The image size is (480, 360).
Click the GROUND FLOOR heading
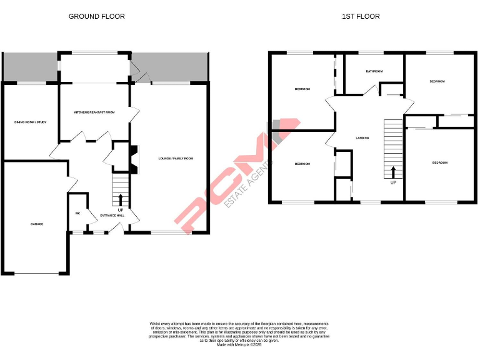click(x=96, y=16)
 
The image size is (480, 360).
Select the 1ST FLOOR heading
click(x=361, y=16)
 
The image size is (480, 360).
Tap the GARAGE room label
click(x=37, y=224)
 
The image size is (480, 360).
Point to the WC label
click(x=77, y=213)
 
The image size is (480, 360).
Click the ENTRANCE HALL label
click(x=112, y=216)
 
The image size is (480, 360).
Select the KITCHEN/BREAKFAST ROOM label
click(x=94, y=112)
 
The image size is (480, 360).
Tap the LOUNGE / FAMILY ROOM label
click(x=176, y=159)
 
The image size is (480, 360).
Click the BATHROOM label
click(x=374, y=72)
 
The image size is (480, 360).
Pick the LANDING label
click(x=362, y=137)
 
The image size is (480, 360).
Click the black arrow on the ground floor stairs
click(x=121, y=199)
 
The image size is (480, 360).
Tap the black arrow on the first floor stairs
click(x=393, y=171)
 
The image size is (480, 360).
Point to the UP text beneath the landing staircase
click(x=393, y=182)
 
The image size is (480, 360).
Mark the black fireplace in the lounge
click(x=132, y=158)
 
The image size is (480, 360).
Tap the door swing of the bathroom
click(x=370, y=91)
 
